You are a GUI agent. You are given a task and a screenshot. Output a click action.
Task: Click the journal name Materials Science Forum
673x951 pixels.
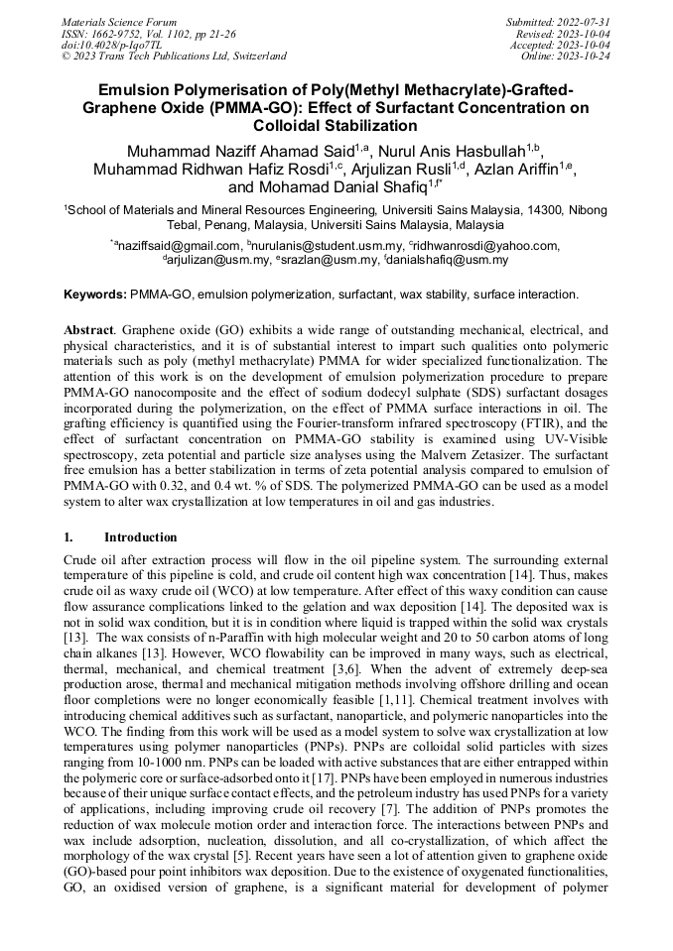(119, 21)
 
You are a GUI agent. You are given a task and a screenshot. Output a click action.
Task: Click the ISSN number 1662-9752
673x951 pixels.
(115, 33)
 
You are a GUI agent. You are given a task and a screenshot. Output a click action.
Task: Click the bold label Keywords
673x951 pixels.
(95, 295)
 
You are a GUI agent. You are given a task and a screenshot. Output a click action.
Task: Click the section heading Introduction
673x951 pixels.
(141, 536)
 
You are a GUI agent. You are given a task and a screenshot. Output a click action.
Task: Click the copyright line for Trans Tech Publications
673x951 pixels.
(174, 57)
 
